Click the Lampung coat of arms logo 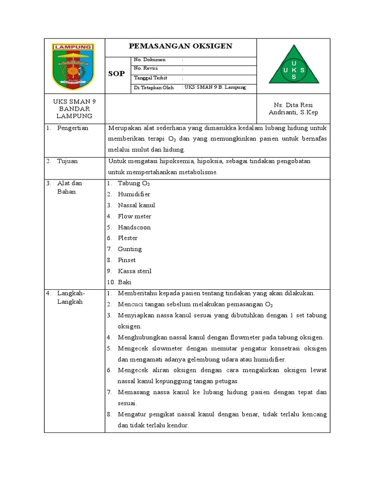(74, 66)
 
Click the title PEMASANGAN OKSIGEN (180, 47)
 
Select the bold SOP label (117, 74)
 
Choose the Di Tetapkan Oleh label (153, 87)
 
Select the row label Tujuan (68, 161)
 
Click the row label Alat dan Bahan (69, 187)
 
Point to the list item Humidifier (134, 194)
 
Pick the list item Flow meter (135, 216)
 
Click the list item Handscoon (134, 227)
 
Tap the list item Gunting (130, 249)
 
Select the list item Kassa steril (135, 271)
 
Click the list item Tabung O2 (134, 183)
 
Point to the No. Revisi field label (147, 68)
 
